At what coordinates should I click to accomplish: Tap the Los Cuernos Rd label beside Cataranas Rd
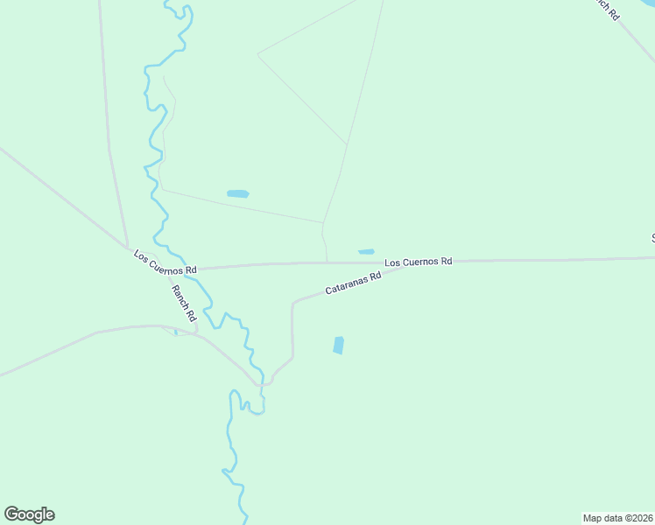point(419,261)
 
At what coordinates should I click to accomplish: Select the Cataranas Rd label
point(354,282)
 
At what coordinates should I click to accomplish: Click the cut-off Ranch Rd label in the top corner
point(604,9)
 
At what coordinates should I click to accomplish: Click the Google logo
point(29,514)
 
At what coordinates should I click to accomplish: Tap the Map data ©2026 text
point(617,517)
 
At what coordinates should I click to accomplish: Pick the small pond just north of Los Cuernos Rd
point(366,252)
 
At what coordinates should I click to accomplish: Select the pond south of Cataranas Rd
point(339,346)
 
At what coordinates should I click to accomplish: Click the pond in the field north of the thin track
point(237,193)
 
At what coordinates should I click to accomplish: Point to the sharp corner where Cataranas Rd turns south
point(293,304)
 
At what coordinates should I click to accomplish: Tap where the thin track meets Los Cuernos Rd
point(327,262)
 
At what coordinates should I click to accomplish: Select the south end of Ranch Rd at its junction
point(195,331)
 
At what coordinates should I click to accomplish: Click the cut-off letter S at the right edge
point(652,237)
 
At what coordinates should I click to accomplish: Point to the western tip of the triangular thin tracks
point(257,54)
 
